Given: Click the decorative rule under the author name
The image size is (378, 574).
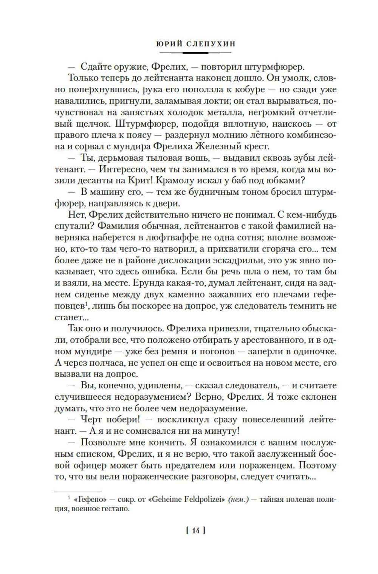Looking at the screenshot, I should [195, 53].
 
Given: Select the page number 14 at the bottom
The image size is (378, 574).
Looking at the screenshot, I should [196, 531].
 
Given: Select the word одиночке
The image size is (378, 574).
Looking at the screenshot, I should [315, 351].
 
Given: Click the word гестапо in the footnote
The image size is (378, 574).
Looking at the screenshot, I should [112, 509].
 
